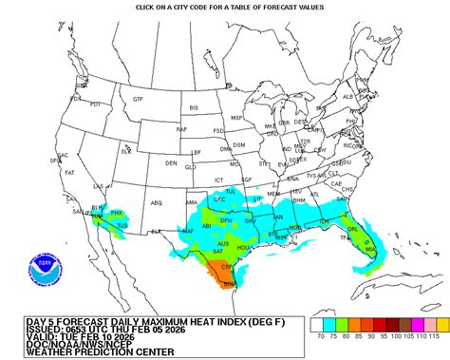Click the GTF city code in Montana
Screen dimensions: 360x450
(138, 99)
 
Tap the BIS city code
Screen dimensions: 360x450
(195, 108)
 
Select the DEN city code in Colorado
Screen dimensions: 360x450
(171, 162)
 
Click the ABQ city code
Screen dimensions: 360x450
(156, 201)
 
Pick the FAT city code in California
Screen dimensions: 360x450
(69, 172)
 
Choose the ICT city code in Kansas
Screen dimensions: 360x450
(217, 179)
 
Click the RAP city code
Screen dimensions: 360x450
(181, 128)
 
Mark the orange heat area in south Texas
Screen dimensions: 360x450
(229, 276)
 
